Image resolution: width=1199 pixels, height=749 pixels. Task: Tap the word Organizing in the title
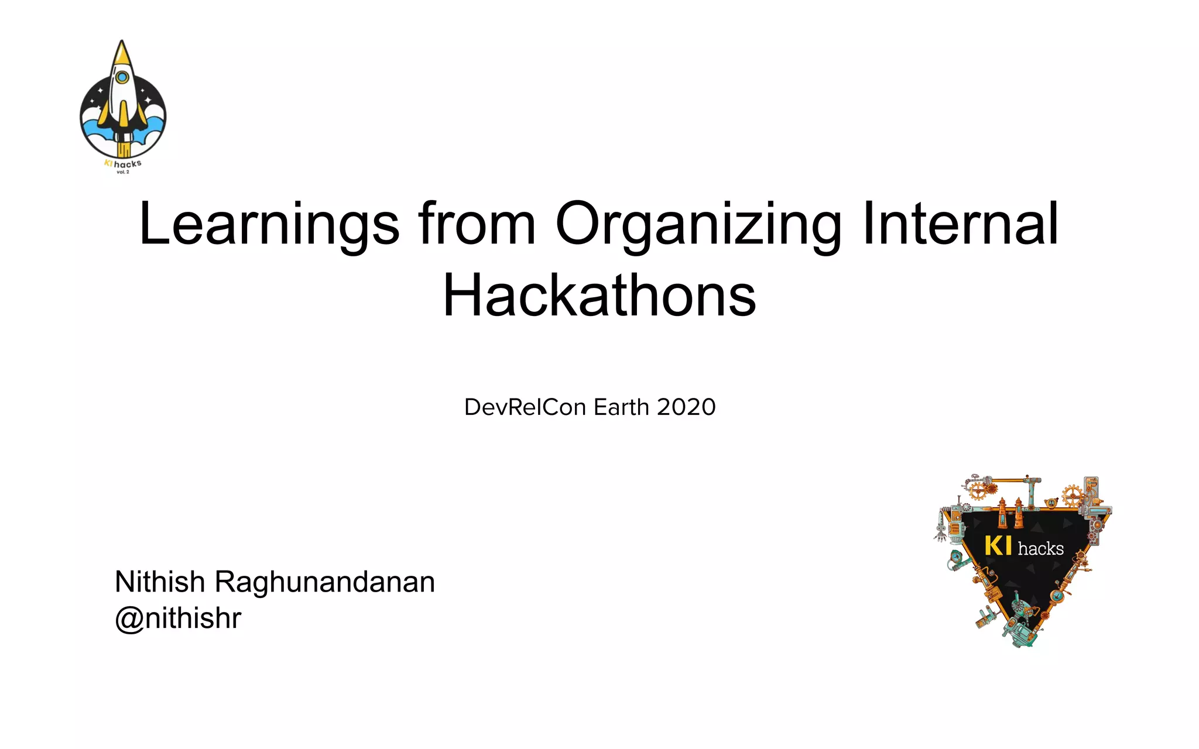pos(698,224)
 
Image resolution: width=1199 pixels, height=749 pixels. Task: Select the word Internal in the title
pos(960,224)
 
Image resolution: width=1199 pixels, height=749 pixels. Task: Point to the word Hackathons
pos(599,296)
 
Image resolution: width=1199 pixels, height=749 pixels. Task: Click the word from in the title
pos(477,224)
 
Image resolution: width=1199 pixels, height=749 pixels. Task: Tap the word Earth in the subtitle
pos(621,407)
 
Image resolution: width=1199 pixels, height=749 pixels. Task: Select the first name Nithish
pos(160,582)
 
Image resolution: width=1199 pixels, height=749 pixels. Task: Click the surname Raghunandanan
pos(325,582)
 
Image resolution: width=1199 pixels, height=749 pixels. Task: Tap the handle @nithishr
pos(178,619)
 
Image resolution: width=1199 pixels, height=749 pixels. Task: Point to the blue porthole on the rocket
pos(122,77)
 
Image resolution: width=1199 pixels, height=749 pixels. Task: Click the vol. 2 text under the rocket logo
pos(123,172)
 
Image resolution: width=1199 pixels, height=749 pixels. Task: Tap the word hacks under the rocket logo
pos(128,164)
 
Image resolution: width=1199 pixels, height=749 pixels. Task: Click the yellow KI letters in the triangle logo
pos(998,546)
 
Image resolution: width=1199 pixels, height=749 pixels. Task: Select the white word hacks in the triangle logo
pos(1040,549)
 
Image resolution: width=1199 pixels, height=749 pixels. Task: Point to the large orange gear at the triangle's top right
pos(1073,496)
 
